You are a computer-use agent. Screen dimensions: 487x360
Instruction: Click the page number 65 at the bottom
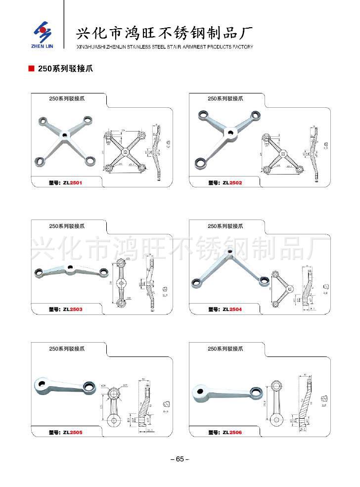[x=180, y=459]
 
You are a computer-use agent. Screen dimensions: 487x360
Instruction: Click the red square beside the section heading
[x=31, y=69]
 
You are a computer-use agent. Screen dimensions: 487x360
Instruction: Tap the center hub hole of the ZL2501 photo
[x=64, y=134]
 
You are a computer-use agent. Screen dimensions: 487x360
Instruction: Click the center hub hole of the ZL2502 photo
[x=230, y=132]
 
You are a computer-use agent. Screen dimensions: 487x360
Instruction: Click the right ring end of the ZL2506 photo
[x=256, y=393]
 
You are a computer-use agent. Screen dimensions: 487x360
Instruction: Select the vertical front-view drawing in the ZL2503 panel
[x=123, y=282]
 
